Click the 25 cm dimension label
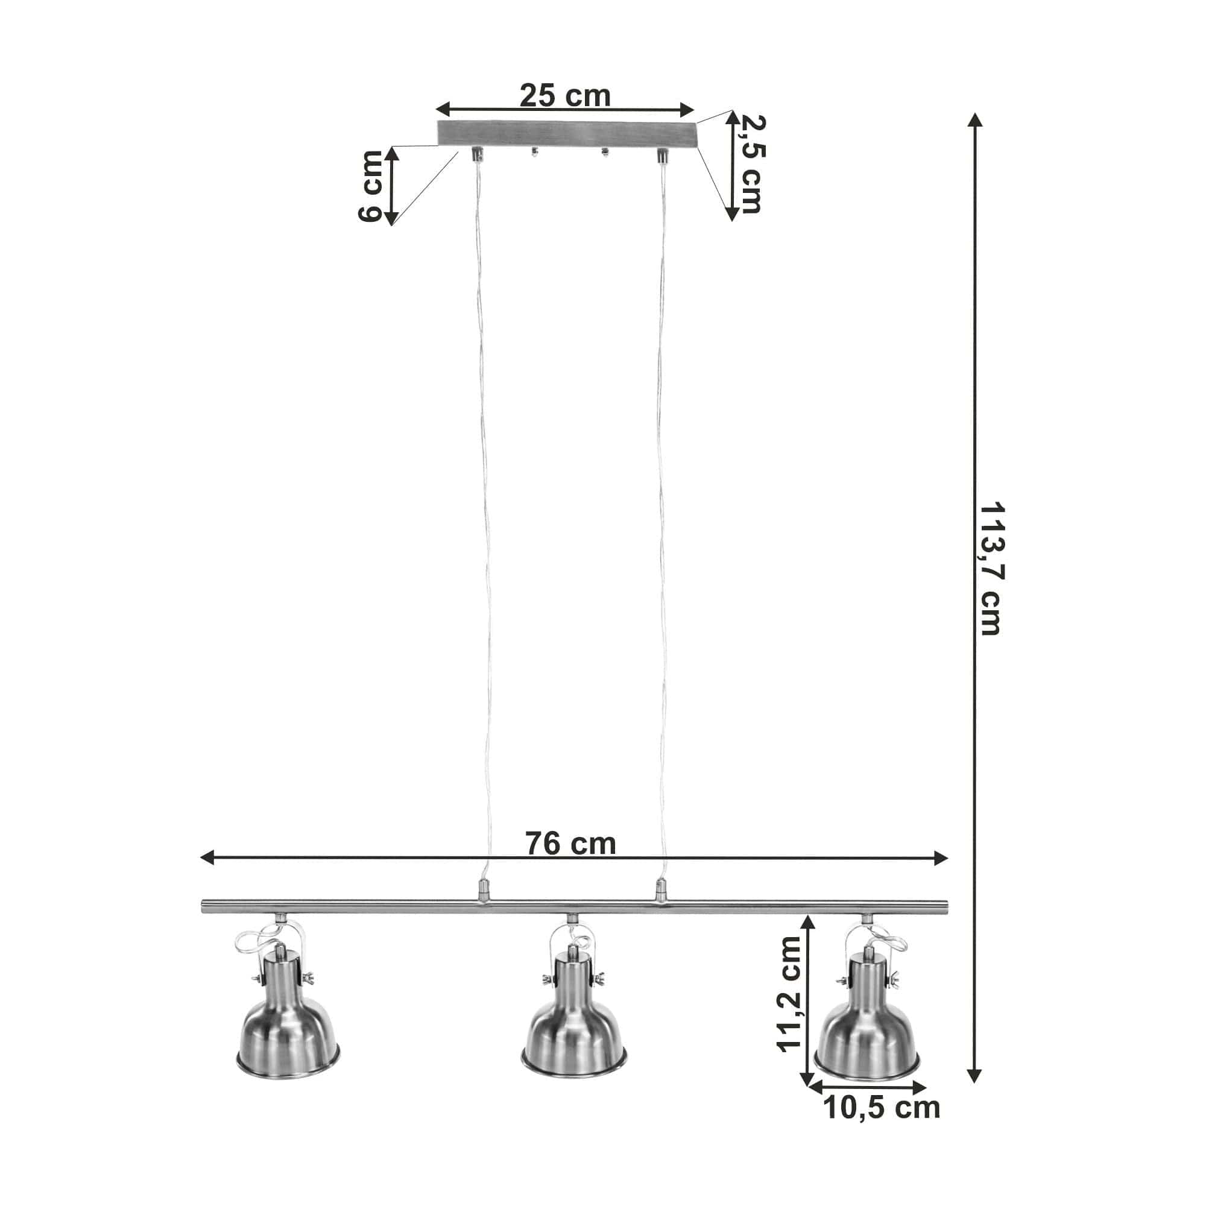[x=564, y=95]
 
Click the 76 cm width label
[x=570, y=844]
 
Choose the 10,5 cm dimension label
[x=882, y=1108]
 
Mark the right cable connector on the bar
[x=658, y=890]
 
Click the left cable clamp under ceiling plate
[x=476, y=153]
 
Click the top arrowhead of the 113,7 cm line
[x=974, y=121]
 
